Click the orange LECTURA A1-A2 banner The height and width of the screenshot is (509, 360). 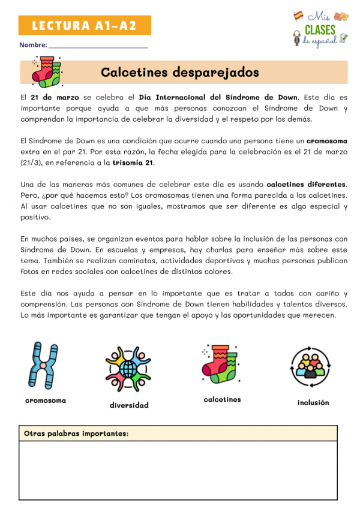pyautogui.click(x=85, y=25)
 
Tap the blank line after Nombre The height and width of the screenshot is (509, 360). pyautogui.click(x=98, y=46)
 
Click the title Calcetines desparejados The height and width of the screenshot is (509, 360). pyautogui.click(x=180, y=72)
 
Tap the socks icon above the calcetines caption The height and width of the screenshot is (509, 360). pyautogui.click(x=221, y=364)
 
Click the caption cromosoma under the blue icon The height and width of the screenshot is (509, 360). pyautogui.click(x=46, y=400)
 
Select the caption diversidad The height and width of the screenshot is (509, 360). pyautogui.click(x=129, y=405)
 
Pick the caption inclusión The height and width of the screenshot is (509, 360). pyautogui.click(x=313, y=402)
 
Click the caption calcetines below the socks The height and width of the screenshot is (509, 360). pyautogui.click(x=222, y=399)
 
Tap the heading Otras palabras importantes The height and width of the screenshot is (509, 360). pyautogui.click(x=76, y=433)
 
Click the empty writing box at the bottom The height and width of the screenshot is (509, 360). pyautogui.click(x=178, y=471)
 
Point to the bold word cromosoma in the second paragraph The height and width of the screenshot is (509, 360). pyautogui.click(x=326, y=141)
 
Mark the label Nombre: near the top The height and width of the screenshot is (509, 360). pyautogui.click(x=33, y=45)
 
